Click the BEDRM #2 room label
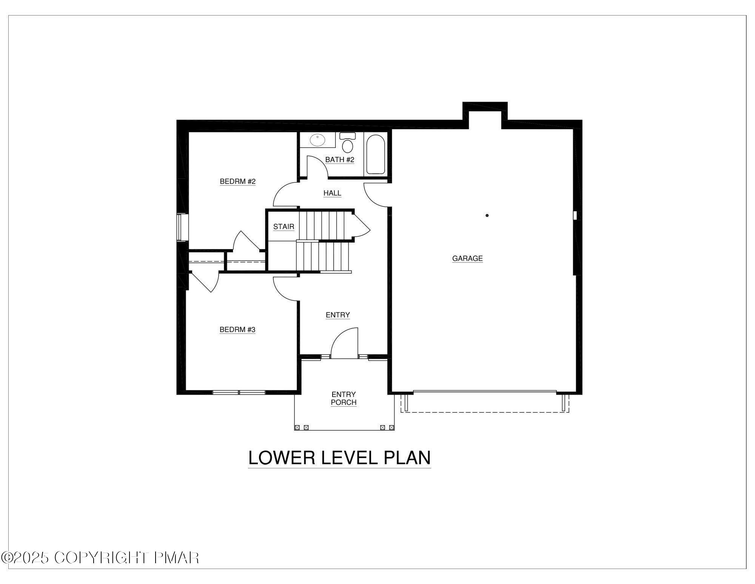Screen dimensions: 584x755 (x=237, y=181)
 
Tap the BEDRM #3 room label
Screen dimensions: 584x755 (x=237, y=330)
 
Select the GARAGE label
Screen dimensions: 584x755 (x=467, y=259)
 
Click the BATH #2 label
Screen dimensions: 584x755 (x=340, y=160)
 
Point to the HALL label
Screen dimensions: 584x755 (x=332, y=193)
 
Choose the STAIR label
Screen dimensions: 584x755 (x=284, y=227)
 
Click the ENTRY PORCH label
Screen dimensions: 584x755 (x=344, y=398)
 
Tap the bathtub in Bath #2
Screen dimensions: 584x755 (x=375, y=154)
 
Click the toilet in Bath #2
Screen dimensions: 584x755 (x=347, y=143)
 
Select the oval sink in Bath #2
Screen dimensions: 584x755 (x=317, y=140)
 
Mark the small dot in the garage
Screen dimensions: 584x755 (x=487, y=215)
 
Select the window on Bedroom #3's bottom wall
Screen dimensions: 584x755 (x=239, y=392)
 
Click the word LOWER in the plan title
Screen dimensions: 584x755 (x=281, y=458)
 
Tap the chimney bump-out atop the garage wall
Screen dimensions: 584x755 (x=485, y=112)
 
